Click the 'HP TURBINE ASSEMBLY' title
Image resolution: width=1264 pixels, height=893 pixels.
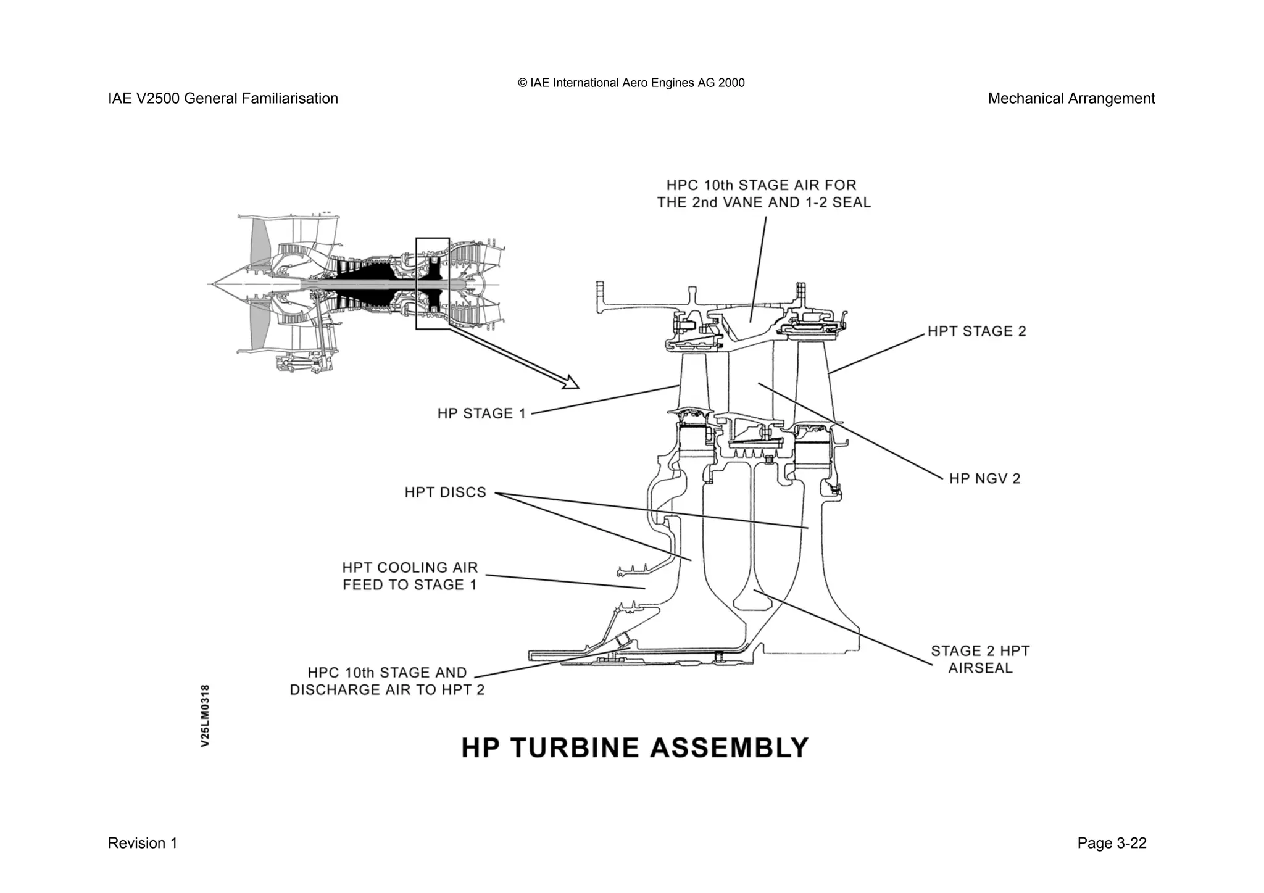(634, 748)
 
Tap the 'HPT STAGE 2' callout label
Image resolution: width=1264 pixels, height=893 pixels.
(976, 331)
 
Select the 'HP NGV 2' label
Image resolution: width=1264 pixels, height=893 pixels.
(984, 478)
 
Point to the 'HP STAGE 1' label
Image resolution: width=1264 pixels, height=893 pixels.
(481, 413)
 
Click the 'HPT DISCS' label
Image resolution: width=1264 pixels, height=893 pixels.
(445, 492)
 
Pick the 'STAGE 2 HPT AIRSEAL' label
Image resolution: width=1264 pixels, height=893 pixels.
(980, 659)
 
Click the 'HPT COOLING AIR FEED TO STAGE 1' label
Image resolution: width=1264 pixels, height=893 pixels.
(410, 576)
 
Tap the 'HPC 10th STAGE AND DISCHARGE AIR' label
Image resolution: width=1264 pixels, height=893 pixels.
(387, 681)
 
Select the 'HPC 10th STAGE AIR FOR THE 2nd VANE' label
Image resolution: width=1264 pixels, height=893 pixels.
(763, 194)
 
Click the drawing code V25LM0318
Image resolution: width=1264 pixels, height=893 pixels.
(206, 715)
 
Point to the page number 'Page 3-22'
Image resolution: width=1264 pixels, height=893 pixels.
(1112, 843)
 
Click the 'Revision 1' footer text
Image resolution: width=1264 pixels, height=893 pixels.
(143, 843)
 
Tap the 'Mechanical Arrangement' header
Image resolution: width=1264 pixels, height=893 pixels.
(1071, 99)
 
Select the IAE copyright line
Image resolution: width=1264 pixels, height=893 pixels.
(631, 83)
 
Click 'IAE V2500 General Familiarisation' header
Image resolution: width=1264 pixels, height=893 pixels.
(223, 99)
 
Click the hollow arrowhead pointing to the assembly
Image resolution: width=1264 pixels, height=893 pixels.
(572, 383)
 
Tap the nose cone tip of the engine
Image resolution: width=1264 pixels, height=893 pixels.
(210, 285)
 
